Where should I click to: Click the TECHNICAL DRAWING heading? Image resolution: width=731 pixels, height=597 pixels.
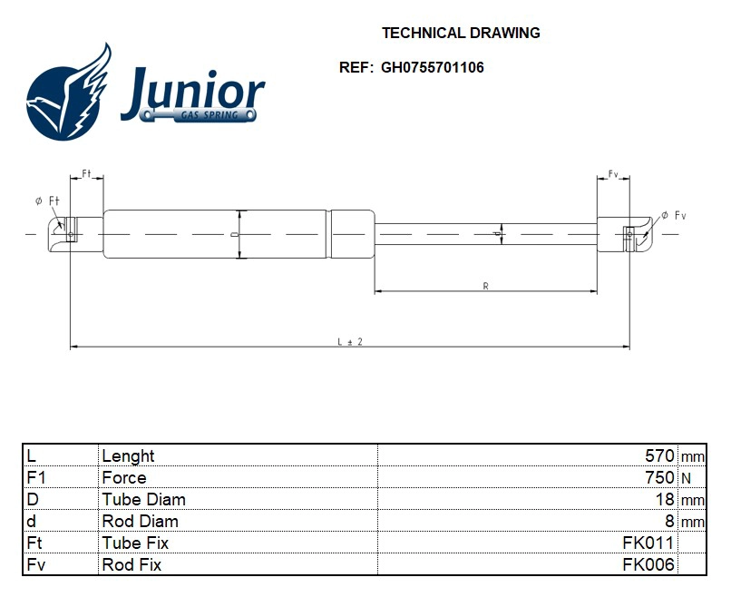pyautogui.click(x=461, y=33)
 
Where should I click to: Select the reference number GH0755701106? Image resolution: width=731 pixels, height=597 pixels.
pyautogui.click(x=434, y=67)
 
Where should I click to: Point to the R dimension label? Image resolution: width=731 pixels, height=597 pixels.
pyautogui.click(x=486, y=286)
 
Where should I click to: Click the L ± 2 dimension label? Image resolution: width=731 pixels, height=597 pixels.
pyautogui.click(x=350, y=341)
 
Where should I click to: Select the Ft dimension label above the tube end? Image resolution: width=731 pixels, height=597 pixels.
pyautogui.click(x=87, y=172)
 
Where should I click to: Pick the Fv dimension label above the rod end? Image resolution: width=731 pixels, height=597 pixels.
pyautogui.click(x=613, y=172)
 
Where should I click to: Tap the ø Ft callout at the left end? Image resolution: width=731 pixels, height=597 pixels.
pyautogui.click(x=47, y=201)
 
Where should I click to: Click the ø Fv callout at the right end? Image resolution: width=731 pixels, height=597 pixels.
pyautogui.click(x=673, y=215)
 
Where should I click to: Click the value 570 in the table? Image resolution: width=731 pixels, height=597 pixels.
pyautogui.click(x=659, y=456)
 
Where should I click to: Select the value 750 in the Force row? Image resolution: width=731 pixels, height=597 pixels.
pyautogui.click(x=659, y=478)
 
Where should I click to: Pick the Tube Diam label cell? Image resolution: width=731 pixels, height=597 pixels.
pyautogui.click(x=144, y=500)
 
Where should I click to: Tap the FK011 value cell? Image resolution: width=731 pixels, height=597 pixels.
pyautogui.click(x=648, y=543)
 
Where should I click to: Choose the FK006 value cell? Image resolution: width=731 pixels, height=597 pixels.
pyautogui.click(x=648, y=565)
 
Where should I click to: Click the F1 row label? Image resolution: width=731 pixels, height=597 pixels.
pyautogui.click(x=37, y=478)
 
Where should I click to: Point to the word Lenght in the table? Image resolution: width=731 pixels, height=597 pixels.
pyautogui.click(x=129, y=456)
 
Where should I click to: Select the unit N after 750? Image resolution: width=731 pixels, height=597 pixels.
pyautogui.click(x=686, y=478)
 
